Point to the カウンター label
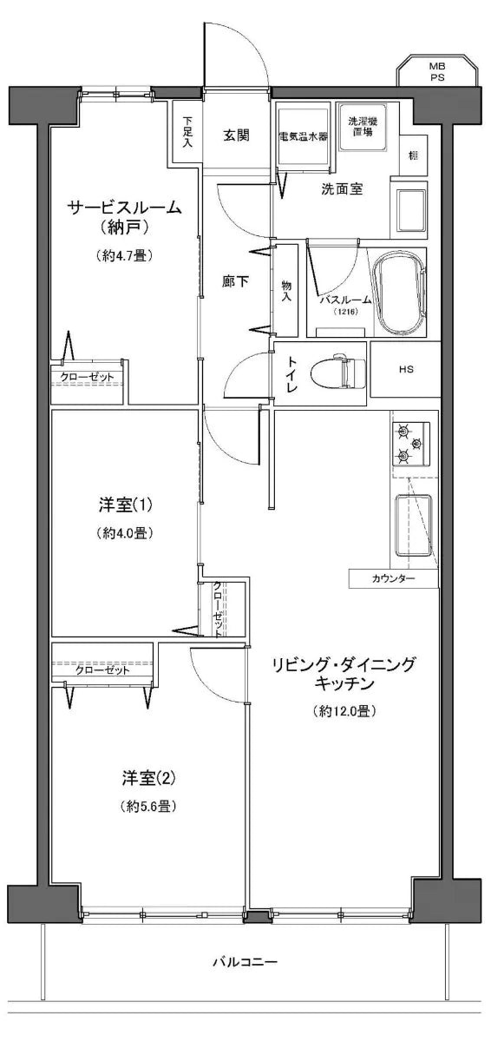393,579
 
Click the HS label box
405,369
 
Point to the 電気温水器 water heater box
304,136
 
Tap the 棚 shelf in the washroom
413,155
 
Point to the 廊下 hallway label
235,282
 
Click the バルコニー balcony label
245,963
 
